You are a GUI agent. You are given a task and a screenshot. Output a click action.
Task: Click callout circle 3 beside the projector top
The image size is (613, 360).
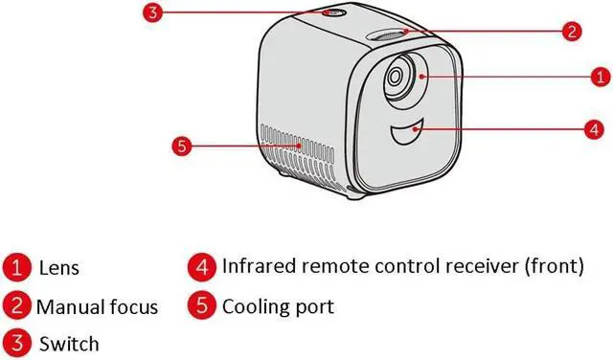coord(152,12)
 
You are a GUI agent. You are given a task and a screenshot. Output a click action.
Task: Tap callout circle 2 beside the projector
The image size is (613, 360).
coord(572,32)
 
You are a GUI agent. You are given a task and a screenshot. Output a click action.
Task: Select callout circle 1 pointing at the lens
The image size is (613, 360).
coord(601,77)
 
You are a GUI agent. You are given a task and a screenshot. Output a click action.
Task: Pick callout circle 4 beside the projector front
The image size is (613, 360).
coord(594,129)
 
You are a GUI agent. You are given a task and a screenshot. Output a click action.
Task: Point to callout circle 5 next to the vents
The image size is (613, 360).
coord(182,146)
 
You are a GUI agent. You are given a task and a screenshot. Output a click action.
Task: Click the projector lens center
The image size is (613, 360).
coord(395,77)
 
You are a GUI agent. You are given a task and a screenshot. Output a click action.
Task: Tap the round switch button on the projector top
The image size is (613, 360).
coord(333,12)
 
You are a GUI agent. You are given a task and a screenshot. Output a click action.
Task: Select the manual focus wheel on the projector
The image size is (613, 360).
coord(386,35)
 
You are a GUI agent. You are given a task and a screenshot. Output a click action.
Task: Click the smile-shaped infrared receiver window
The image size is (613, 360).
coord(405,133)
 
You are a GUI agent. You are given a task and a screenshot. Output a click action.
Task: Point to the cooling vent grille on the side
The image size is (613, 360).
coord(298,154)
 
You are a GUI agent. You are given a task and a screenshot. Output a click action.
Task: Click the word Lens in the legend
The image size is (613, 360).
coord(59,268)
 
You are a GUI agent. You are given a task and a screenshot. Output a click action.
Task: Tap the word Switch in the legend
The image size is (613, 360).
coord(69,344)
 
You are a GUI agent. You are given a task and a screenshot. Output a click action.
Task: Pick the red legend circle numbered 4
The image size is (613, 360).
coord(202,267)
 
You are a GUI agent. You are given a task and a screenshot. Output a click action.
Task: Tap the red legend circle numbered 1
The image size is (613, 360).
coord(16,268)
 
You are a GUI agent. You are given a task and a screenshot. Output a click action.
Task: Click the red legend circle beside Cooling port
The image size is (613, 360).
coord(202,305)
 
